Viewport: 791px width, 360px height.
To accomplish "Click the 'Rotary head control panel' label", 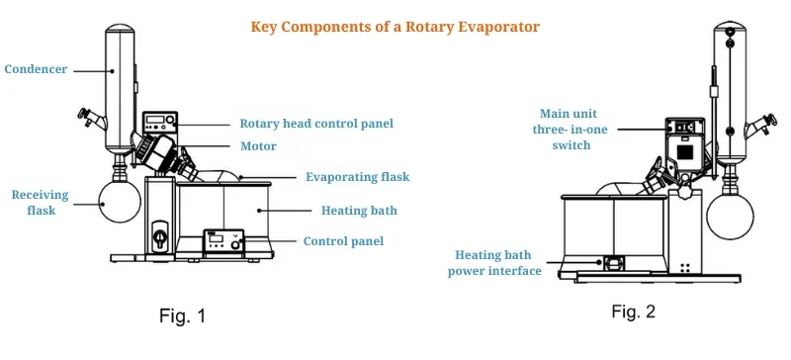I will click(x=316, y=125).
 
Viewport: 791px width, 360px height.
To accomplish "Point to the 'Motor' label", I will click(x=257, y=146).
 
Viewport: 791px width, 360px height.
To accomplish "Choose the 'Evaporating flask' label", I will click(x=357, y=177).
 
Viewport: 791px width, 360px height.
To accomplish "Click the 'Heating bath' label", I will click(x=357, y=210).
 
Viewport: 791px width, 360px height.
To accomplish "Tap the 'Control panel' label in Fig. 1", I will click(x=344, y=240).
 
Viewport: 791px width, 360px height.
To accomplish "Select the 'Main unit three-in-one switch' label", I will click(x=565, y=129).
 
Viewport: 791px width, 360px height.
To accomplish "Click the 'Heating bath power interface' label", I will click(x=494, y=262).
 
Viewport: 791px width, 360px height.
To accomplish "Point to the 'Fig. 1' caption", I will click(x=183, y=317).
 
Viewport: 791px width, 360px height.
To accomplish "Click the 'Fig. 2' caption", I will click(x=633, y=313).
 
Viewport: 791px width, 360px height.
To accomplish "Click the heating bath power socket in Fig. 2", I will click(x=611, y=263).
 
